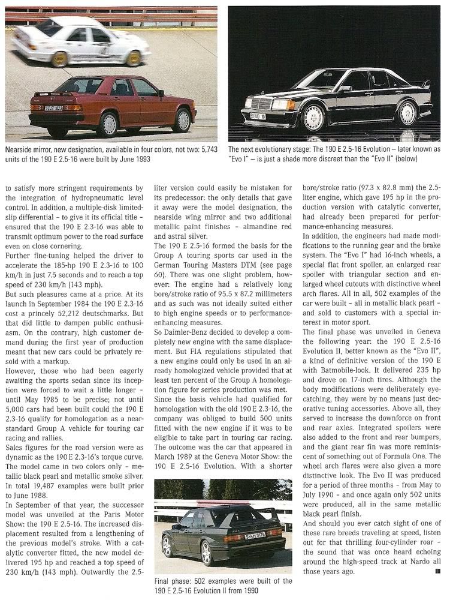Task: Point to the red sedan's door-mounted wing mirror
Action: (161, 93)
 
